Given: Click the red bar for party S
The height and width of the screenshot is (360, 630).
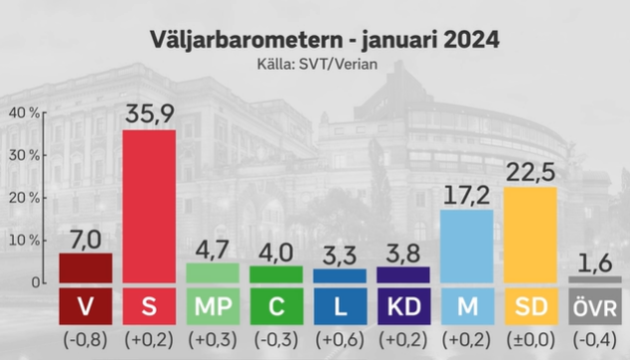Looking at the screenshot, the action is pos(149,206).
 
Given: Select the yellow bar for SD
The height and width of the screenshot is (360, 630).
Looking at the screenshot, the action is pos(531,235).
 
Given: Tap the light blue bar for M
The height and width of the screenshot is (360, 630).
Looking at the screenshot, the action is pos(467,247).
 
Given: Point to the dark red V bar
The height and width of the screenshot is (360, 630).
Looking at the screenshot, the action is pos(85,268).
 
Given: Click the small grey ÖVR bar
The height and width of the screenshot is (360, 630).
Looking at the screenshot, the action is pos(595,279).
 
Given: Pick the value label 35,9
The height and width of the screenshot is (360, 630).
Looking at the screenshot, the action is pos(149,113).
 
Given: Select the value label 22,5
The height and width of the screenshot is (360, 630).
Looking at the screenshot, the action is pos(531,172).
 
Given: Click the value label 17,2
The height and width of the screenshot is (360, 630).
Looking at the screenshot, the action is pos(467,195).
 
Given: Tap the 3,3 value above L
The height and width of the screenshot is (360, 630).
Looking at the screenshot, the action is pos(340,256).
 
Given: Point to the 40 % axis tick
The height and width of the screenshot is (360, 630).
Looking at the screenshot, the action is pos(25,113).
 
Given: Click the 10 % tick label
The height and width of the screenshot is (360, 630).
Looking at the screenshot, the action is pos(25,241).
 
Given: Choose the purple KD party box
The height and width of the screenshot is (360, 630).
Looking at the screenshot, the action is pos(403,306).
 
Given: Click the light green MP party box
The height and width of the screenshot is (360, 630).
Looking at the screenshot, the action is pos(213,306).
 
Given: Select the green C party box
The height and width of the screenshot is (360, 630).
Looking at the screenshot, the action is pos(276,306).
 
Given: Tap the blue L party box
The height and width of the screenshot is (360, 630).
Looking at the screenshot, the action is pos(340,306).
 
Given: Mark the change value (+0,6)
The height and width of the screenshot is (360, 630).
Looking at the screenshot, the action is pos(340,340).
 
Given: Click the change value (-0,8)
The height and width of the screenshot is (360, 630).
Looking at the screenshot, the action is pos(85,340).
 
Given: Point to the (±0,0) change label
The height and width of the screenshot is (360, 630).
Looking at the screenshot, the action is pos(531,340).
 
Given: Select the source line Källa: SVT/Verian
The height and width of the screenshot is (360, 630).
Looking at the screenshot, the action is pos(317,65).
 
